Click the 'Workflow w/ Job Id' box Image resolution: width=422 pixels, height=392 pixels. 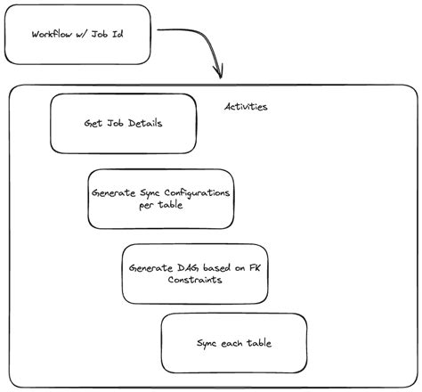click(77, 36)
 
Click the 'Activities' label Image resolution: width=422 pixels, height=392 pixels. click(246, 107)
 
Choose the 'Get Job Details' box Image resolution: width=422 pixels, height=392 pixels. click(123, 123)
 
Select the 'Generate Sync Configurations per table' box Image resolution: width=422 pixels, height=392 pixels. click(160, 199)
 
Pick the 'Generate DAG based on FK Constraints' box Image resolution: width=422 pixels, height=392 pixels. click(194, 274)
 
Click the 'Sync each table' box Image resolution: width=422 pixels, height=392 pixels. click(233, 343)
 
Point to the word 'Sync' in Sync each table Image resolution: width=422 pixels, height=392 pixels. click(207, 343)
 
